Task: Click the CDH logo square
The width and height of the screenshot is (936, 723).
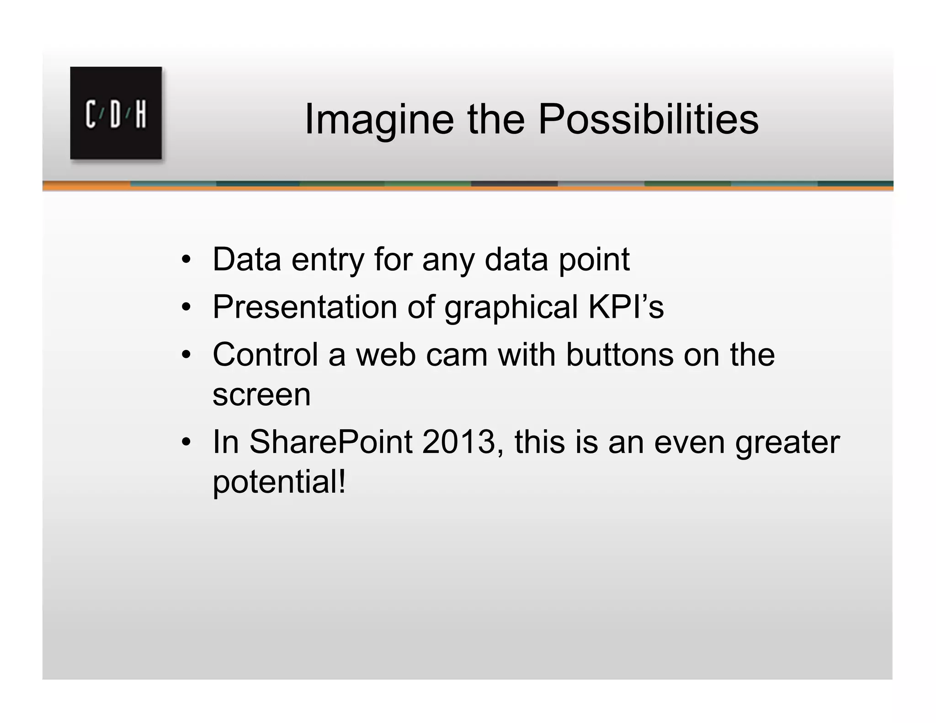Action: point(116,113)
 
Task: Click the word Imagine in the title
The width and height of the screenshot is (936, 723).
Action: point(379,119)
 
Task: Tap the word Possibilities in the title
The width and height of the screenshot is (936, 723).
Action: point(648,119)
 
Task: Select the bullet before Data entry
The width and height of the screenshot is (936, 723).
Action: point(186,260)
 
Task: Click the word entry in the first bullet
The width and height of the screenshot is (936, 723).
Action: point(327,260)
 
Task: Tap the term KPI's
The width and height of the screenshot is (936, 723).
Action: point(626,307)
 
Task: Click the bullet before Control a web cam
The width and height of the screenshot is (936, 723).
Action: point(186,355)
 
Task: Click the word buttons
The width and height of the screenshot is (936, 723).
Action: point(619,355)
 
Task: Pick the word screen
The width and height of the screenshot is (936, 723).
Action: point(261,395)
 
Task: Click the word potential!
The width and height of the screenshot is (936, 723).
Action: point(279,483)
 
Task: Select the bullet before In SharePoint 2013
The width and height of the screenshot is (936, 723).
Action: point(186,442)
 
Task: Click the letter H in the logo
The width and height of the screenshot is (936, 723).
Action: point(141,114)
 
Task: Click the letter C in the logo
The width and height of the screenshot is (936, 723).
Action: point(91,114)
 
